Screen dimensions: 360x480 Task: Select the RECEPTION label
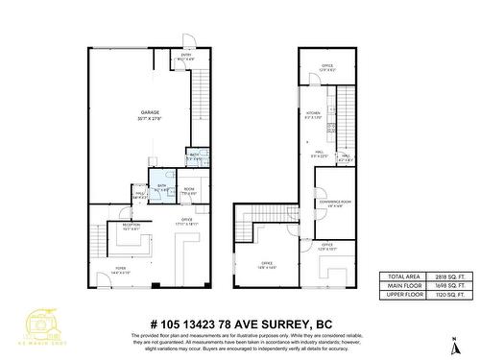pos(132,228)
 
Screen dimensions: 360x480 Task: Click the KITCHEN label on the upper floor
pos(314,113)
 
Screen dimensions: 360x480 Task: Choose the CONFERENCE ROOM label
pos(339,203)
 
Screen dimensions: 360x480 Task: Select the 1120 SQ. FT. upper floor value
pos(444,295)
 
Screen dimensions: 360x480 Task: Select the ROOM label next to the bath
pos(190,191)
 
